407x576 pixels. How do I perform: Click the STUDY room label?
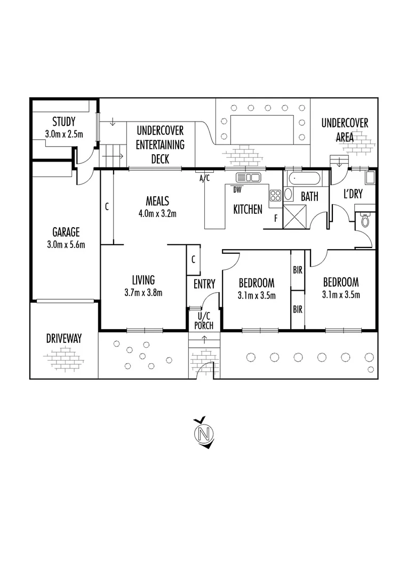pos(63,122)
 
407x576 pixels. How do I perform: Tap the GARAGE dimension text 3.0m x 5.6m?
pos(66,245)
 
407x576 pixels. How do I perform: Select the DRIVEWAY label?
pos(63,338)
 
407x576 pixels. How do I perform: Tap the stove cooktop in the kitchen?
pos(275,195)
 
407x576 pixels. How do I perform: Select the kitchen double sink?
pos(248,177)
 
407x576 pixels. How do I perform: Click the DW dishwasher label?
pos(237,189)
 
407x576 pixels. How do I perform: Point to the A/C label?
pos(204,178)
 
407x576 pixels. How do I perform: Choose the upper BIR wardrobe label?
pos(297,270)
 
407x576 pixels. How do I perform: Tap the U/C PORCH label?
pos(204,322)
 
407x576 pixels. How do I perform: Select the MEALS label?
pos(157,201)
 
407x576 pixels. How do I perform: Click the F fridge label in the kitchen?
pos(275,218)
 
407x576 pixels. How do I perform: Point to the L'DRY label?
pos(353,195)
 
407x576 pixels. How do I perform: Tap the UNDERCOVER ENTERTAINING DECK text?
pos(160,145)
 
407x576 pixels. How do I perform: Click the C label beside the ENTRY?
pos(193,260)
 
